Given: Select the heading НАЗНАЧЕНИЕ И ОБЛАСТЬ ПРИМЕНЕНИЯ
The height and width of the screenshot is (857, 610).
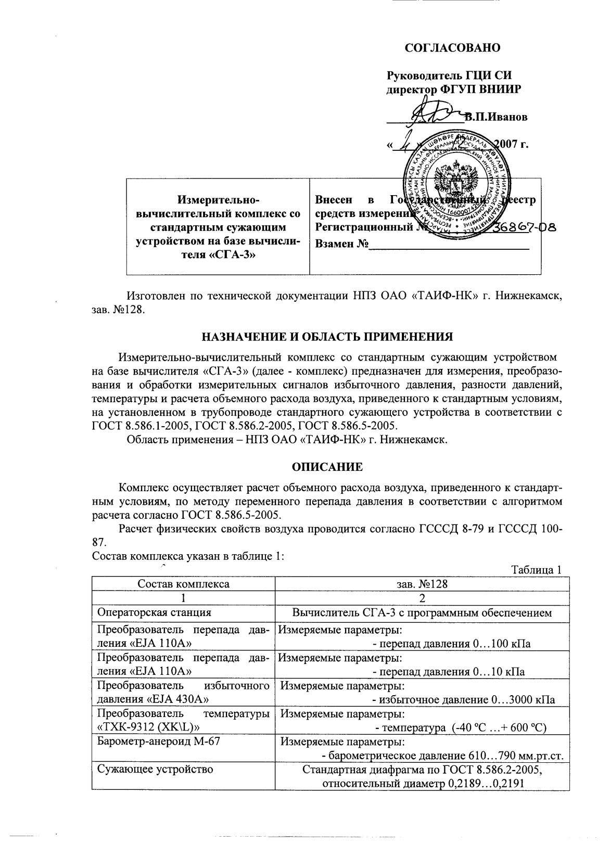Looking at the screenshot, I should (327, 337).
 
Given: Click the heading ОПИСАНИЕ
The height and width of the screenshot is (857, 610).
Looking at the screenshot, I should (327, 467).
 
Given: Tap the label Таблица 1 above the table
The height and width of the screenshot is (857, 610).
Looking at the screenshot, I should (536, 570).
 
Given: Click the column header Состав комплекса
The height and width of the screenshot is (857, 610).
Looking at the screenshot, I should (183, 584).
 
